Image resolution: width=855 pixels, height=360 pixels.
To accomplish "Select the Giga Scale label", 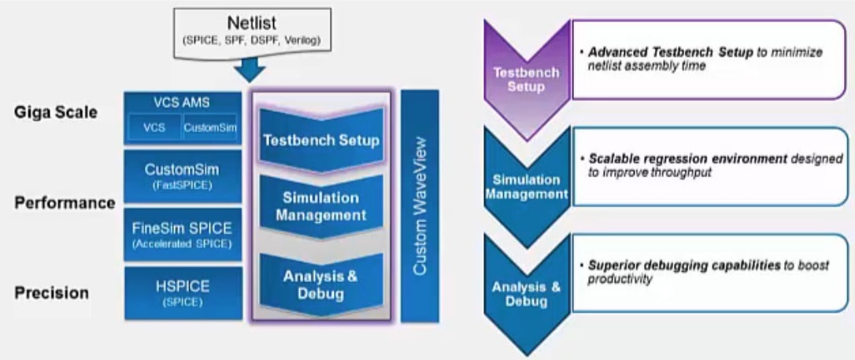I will (55, 113).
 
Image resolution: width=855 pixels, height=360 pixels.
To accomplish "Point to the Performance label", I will (65, 202).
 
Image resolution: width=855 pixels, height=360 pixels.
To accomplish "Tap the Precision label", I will (51, 293).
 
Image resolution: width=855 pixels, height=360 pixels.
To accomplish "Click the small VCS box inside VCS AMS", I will (154, 127).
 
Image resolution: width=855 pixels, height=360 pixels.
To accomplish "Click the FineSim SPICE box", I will (182, 234).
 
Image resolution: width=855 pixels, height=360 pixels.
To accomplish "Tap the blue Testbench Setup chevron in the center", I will (320, 141).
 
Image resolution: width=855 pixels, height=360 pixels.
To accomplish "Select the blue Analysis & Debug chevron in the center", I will (320, 284).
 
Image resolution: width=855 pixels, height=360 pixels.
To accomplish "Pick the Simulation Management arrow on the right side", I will (526, 186).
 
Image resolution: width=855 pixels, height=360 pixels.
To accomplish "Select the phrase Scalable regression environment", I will (687, 158).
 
